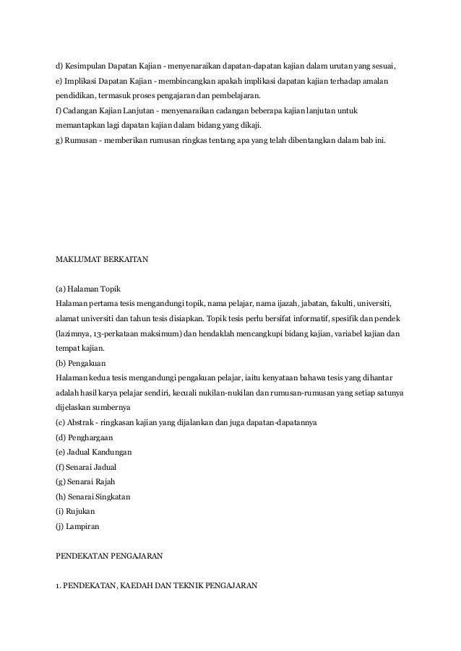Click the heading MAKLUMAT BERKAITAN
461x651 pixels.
pyautogui.click(x=102, y=258)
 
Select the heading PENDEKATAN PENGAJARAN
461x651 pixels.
pyautogui.click(x=110, y=556)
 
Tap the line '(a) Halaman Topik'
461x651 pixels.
pyautogui.click(x=88, y=288)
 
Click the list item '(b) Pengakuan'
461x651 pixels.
pyautogui.click(x=83, y=362)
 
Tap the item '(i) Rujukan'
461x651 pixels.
pyautogui.click(x=75, y=512)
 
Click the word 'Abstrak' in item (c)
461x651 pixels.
pyautogui.click(x=82, y=422)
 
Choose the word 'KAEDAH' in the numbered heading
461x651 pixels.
pyautogui.click(x=143, y=586)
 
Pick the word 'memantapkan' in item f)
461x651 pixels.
pyautogui.click(x=79, y=125)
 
